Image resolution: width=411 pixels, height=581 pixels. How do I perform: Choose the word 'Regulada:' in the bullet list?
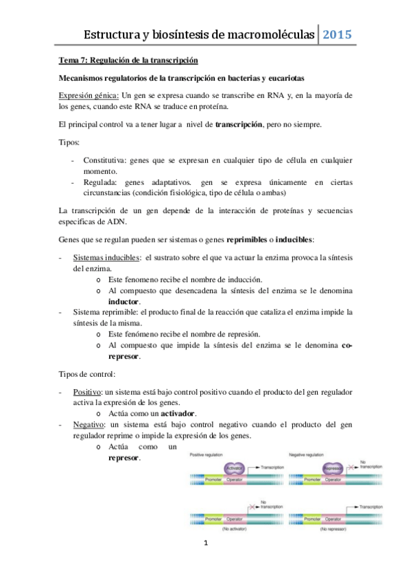click(x=101, y=183)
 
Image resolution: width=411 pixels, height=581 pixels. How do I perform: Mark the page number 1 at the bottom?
click(x=205, y=563)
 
